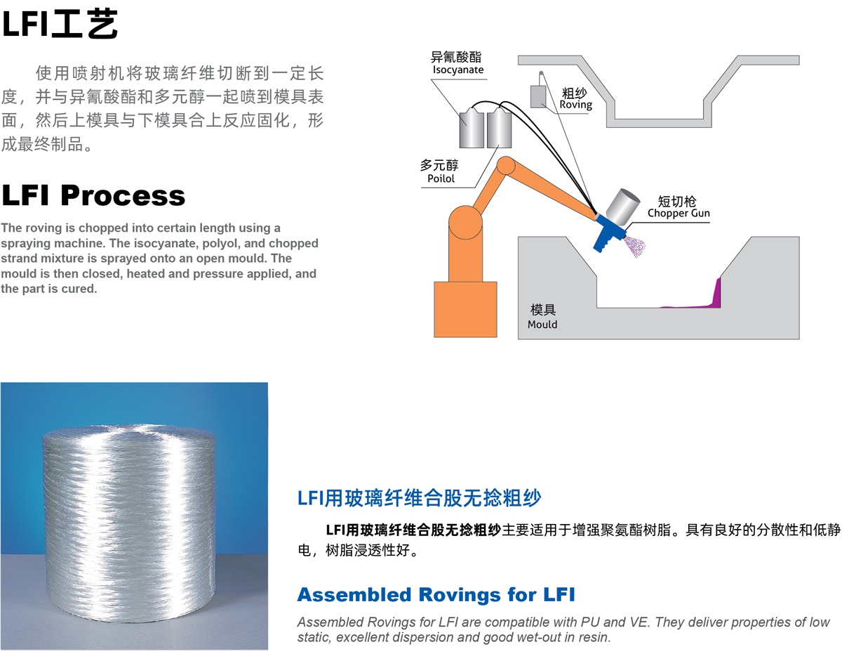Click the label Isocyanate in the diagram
[458, 70]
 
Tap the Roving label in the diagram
[575, 105]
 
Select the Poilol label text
[441, 178]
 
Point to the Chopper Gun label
[678, 213]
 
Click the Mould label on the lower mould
[542, 324]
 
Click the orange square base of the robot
[465, 309]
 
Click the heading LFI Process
[93, 195]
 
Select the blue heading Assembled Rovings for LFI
[436, 595]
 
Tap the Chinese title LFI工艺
[60, 24]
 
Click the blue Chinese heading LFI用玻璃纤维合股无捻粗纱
[419, 499]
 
